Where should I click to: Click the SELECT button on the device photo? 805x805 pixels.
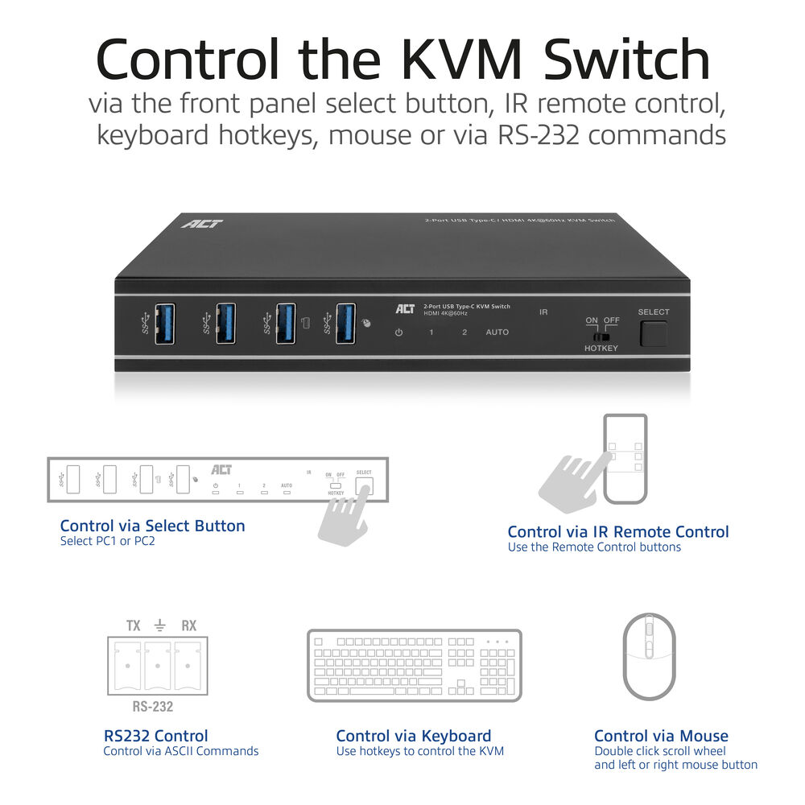[654, 332]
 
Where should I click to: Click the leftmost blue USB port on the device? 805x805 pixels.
[165, 323]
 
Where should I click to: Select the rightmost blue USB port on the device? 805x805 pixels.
[346, 323]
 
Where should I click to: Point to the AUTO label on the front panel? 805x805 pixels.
[497, 332]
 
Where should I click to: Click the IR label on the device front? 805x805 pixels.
[543, 312]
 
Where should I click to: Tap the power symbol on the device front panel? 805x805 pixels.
[398, 332]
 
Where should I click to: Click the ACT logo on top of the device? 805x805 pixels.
[202, 223]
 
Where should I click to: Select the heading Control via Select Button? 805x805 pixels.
[152, 526]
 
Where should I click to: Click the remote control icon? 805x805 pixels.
[625, 458]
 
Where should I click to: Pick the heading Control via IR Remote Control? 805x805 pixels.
[617, 531]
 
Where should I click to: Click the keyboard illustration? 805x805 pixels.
[415, 666]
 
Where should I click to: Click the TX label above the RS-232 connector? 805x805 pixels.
[134, 625]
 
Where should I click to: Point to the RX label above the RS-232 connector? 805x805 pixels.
[188, 625]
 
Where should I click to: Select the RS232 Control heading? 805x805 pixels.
[155, 736]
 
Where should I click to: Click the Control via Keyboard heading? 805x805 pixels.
[413, 736]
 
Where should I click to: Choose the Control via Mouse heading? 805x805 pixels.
[660, 736]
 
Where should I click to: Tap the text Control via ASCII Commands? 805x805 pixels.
[180, 751]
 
